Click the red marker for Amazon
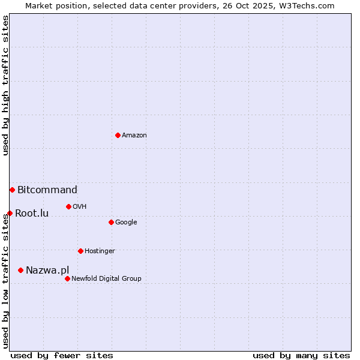coord(118,135)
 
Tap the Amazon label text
coord(134,136)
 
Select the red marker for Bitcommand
coord(12,190)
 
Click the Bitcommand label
coord(47,190)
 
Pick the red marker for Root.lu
coord(10,213)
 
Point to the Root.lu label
coord(32,213)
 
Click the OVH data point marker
coord(68,206)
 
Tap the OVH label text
coord(79,207)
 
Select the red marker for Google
coord(111,222)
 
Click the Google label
coord(126,223)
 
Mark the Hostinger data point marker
coord(80,251)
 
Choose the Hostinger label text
coord(100,251)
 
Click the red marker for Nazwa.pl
coord(20,270)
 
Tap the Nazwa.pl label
coord(47,271)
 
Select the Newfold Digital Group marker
coord(67,278)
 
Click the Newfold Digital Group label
coord(106,278)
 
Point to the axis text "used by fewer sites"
coord(62,355)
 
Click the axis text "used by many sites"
coord(301,355)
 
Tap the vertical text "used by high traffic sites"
coord(5,85)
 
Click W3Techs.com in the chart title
coord(302,5)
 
